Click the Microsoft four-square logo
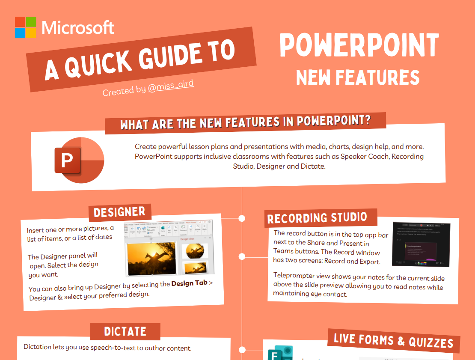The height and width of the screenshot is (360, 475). click(x=26, y=27)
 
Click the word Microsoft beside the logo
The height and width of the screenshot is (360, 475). click(x=78, y=28)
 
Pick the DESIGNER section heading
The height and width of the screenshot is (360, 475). click(x=119, y=212)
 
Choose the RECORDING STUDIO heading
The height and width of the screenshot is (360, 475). click(x=317, y=218)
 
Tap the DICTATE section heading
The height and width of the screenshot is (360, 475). click(x=125, y=332)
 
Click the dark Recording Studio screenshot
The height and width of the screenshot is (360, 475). click(x=421, y=244)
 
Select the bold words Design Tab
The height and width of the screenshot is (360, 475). click(x=189, y=283)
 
